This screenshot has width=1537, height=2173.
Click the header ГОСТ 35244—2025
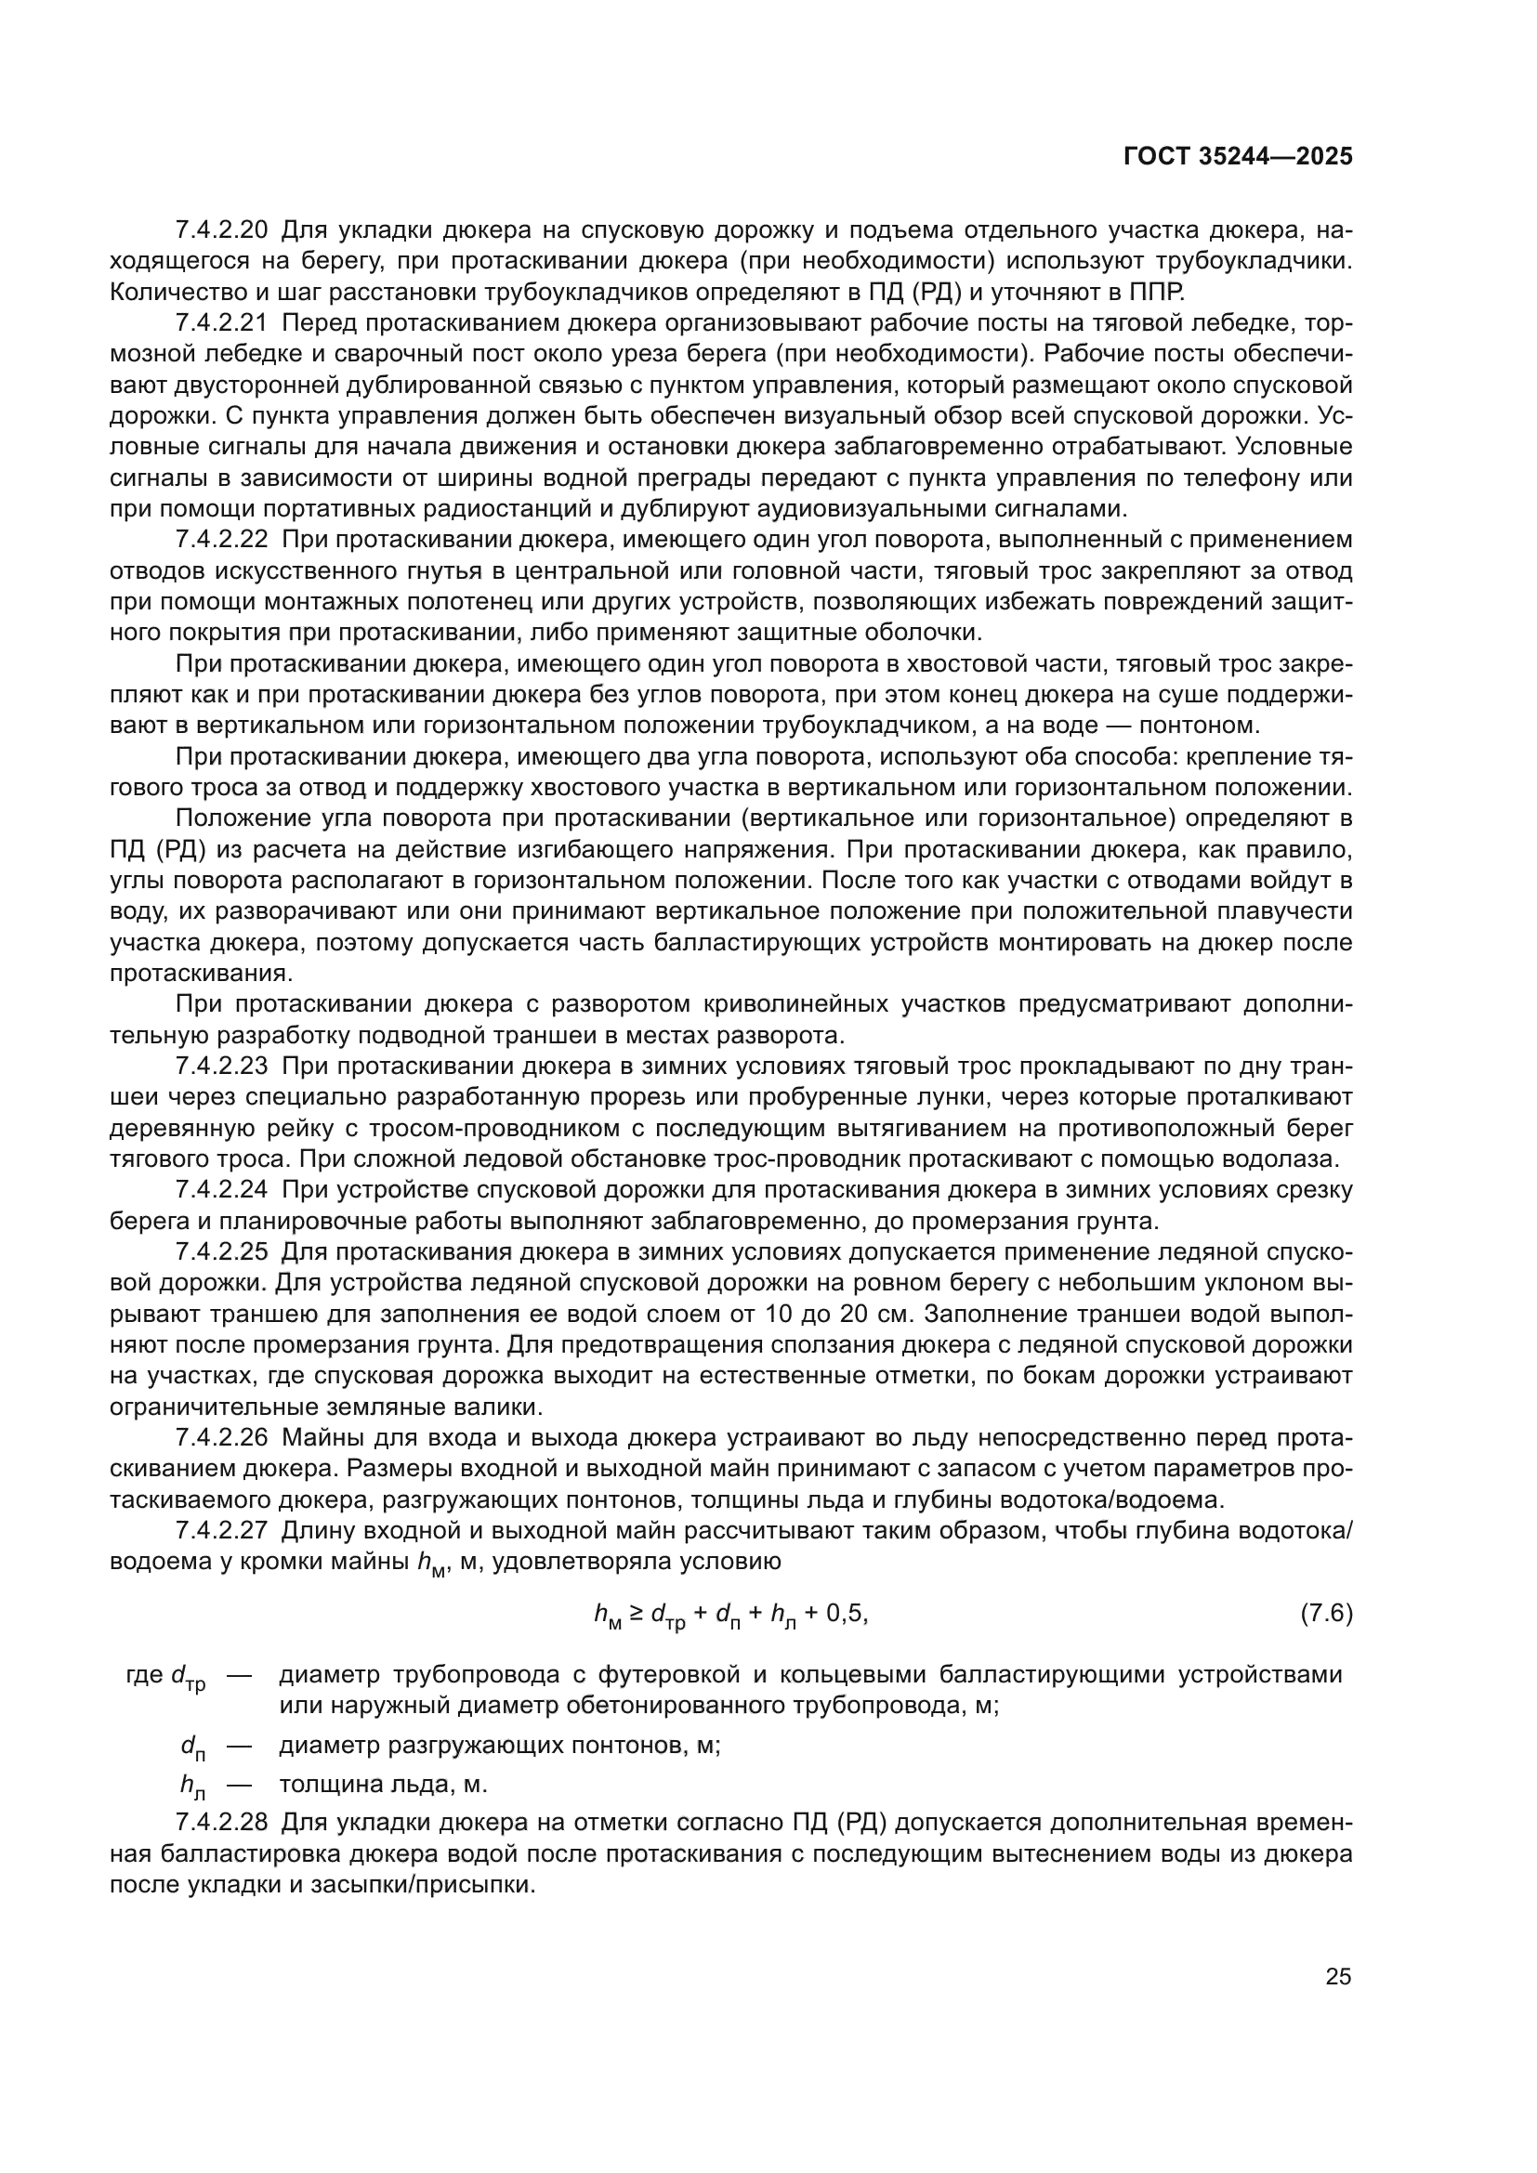(x=1238, y=157)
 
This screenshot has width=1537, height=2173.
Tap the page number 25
(x=1338, y=1976)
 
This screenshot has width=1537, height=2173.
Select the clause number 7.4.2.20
(x=222, y=230)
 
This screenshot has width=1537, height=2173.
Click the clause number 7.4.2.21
(x=222, y=322)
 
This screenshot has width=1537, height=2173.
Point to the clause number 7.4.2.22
(x=222, y=541)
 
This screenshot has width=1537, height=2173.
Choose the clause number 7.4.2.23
(x=222, y=1067)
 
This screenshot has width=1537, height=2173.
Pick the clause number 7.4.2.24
(x=222, y=1191)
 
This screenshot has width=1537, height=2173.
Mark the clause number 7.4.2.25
(x=222, y=1252)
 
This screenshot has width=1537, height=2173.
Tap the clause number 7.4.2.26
(x=222, y=1438)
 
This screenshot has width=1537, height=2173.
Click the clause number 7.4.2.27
(x=222, y=1531)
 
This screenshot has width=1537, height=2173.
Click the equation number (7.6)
(x=1327, y=1613)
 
